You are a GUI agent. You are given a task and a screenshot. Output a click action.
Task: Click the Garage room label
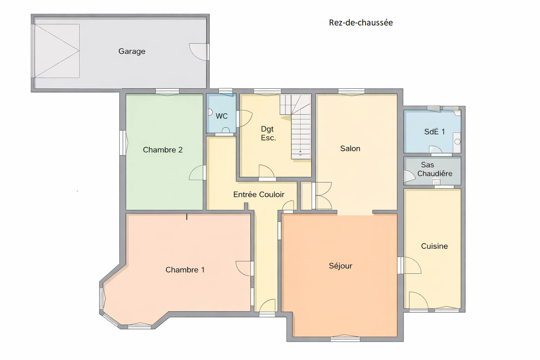[x=132, y=51]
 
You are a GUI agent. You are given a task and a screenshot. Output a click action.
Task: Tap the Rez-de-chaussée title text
[x=361, y=23]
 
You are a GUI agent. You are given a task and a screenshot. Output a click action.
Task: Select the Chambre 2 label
[x=163, y=150]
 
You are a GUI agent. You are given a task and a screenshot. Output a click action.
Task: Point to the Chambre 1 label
[x=185, y=270]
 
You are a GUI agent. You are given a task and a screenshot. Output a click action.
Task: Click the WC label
[x=221, y=116]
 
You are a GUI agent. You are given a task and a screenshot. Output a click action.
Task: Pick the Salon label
[x=350, y=148]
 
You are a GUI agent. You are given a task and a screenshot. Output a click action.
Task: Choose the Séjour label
[x=341, y=266]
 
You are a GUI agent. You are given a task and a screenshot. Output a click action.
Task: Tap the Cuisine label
[x=434, y=246]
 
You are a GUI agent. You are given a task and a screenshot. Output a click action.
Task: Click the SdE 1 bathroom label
[x=434, y=132]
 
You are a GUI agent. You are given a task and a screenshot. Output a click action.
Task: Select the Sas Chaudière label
[x=435, y=169]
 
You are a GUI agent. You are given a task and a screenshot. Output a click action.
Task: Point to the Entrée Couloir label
[x=259, y=194]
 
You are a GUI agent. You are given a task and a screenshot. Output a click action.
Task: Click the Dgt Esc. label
[x=268, y=133]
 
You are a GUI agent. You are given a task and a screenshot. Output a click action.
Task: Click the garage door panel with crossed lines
[x=57, y=51]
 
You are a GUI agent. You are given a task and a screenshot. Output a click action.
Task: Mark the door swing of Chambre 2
[x=196, y=172]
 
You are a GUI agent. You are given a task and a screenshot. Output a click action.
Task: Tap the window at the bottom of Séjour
[x=345, y=338]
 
